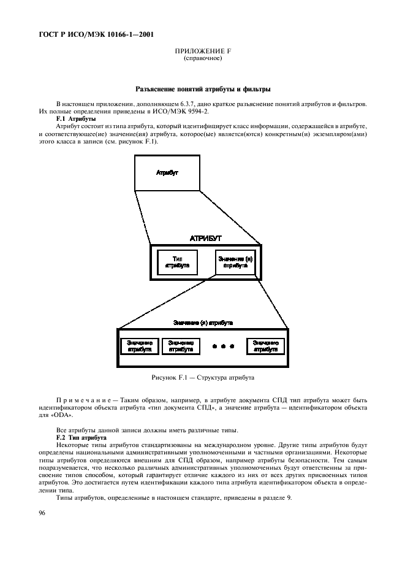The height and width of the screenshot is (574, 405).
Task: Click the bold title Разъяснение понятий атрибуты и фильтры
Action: (x=203, y=90)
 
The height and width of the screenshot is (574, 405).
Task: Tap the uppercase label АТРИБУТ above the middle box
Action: (x=205, y=237)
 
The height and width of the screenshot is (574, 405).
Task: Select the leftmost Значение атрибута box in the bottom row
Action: (x=139, y=346)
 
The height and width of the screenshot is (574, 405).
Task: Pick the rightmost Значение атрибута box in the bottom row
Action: (x=265, y=346)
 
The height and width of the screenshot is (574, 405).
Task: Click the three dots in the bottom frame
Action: (x=223, y=346)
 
